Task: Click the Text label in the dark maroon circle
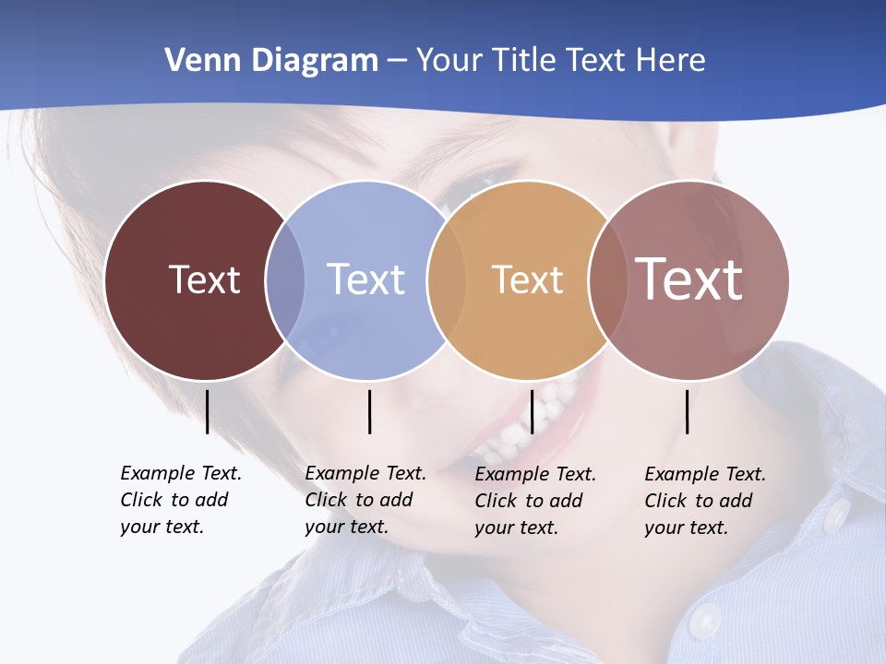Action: click(x=204, y=279)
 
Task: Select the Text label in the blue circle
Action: click(x=365, y=279)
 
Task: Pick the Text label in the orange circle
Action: click(x=527, y=279)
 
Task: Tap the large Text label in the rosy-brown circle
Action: click(x=689, y=279)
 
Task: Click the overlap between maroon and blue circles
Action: click(x=285, y=280)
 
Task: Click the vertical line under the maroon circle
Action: click(x=208, y=411)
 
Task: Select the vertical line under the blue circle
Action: click(x=369, y=411)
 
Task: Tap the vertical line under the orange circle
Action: click(x=533, y=411)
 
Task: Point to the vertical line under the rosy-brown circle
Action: click(x=688, y=411)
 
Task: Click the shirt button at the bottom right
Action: click(x=706, y=619)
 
